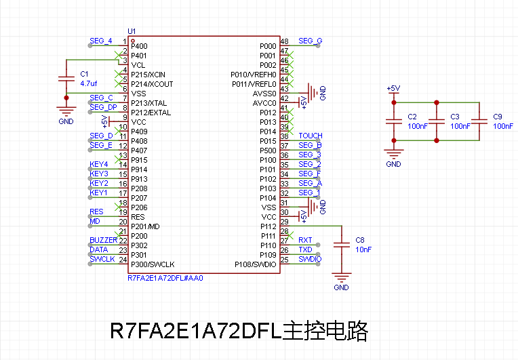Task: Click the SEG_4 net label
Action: click(100, 41)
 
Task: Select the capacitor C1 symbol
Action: click(66, 78)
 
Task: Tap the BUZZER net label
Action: click(103, 241)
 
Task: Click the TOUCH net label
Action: click(311, 136)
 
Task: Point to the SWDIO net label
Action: click(310, 260)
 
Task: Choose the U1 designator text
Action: click(132, 31)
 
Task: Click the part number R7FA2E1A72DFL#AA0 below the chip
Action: click(165, 278)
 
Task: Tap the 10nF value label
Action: click(364, 249)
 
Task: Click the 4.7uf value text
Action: click(89, 83)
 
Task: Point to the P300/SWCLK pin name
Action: click(153, 264)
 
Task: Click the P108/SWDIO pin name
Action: click(256, 264)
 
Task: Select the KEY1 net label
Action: click(99, 193)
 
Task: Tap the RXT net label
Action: click(305, 241)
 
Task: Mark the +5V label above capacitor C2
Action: click(393, 89)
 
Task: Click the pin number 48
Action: click(285, 42)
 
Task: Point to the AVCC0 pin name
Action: click(264, 102)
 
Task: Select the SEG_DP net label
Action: click(103, 108)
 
